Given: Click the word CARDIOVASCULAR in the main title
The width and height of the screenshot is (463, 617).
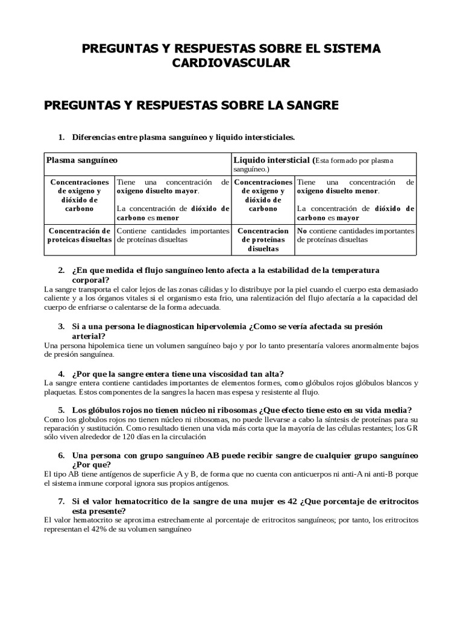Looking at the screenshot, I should coord(231,63).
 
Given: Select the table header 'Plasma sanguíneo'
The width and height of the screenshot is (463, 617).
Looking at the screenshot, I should coord(82,160).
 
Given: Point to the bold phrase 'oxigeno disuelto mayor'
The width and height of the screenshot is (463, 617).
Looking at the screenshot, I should coord(157,191).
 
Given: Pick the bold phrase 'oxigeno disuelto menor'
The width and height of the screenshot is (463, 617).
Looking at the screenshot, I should coord(338,191).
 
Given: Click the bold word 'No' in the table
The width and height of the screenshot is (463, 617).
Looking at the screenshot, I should coord(302,230).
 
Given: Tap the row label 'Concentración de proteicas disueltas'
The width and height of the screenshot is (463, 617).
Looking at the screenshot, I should coord(80,234).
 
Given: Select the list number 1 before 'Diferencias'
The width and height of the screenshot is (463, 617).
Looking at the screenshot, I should coord(61,137).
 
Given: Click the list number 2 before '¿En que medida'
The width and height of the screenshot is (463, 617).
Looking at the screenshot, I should coord(61,270).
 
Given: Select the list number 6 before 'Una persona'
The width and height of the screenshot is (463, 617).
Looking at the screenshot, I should coord(61,456).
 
